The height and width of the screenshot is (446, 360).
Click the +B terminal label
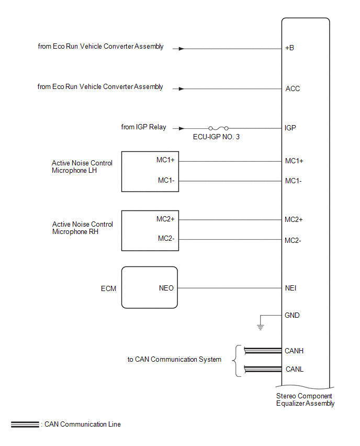click(289, 48)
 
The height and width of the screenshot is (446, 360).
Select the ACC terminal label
click(292, 89)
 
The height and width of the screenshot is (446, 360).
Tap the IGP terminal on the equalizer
click(290, 128)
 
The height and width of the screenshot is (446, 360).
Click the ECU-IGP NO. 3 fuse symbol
click(218, 128)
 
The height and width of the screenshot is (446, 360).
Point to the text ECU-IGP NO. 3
click(216, 137)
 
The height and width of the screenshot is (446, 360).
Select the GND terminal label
click(292, 315)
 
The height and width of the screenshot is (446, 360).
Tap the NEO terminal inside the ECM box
click(166, 288)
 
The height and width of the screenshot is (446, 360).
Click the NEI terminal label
click(290, 288)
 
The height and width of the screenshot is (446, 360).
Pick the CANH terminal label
click(294, 351)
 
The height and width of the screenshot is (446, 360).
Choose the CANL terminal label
click(294, 369)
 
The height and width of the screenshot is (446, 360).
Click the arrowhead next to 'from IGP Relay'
click(182, 129)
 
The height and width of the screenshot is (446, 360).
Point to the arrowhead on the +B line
click(182, 49)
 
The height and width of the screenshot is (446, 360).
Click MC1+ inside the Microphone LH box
click(165, 160)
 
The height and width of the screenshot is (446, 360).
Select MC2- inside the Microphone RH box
click(166, 238)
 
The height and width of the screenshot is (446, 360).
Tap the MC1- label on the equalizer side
click(293, 181)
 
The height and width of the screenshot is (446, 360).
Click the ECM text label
click(108, 289)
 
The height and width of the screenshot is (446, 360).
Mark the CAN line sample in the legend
click(25, 425)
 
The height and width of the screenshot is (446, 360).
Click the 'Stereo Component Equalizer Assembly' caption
click(305, 399)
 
